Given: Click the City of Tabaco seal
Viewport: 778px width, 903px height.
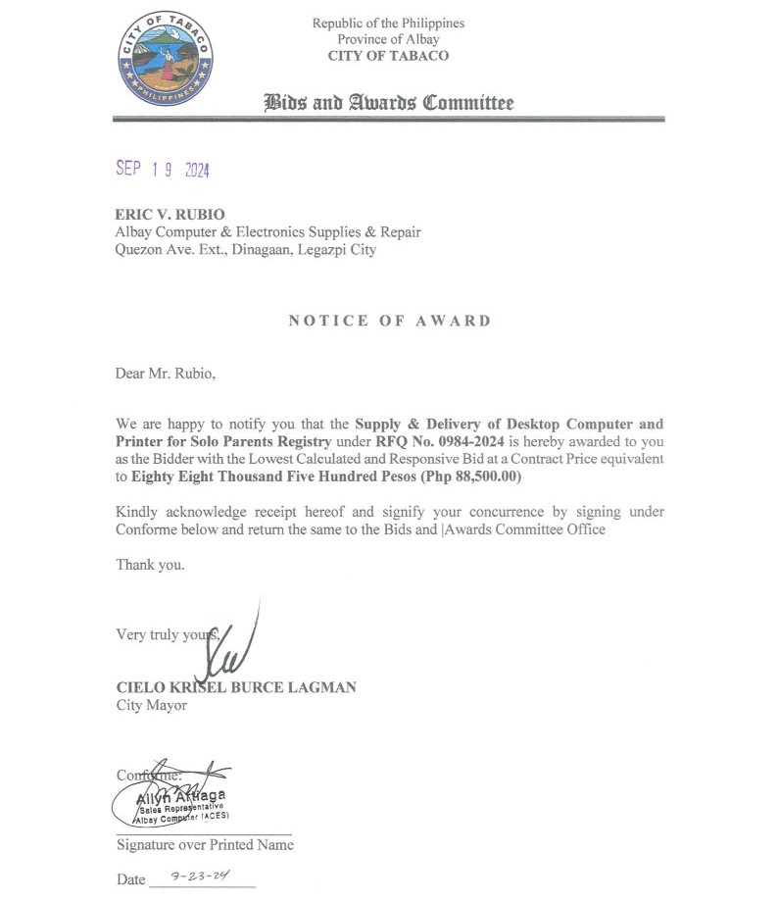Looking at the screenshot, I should coord(164,60).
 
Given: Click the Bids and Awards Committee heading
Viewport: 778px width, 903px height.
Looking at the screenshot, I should coord(388,103).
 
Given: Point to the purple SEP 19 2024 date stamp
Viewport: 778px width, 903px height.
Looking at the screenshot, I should coord(163,169).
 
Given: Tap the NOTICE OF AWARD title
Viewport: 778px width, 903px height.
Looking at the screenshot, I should coord(389,321).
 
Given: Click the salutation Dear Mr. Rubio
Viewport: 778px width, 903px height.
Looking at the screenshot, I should coord(164,373).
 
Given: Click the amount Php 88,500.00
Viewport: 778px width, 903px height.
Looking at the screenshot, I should coord(469,477).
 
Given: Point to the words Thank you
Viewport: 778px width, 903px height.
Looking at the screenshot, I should coord(150,565).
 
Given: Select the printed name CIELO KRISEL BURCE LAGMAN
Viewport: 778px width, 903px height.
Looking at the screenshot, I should coord(236,687).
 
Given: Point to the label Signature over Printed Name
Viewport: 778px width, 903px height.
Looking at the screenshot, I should coord(205,844).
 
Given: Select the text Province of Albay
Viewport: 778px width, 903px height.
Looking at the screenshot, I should coord(388,39).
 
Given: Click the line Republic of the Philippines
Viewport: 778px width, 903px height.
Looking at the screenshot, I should coord(388,23).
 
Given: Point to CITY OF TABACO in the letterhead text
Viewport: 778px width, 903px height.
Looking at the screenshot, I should coord(388,56).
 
